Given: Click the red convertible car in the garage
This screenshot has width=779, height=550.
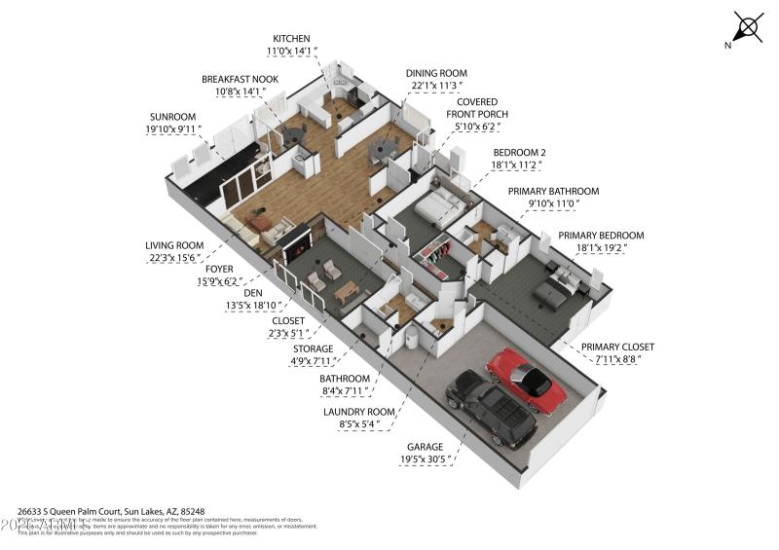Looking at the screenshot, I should click(527, 381).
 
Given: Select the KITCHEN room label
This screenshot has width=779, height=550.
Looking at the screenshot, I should click(291, 39).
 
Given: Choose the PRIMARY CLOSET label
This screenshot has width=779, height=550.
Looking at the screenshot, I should click(617, 347).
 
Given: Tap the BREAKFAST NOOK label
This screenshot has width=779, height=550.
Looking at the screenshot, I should click(240, 80).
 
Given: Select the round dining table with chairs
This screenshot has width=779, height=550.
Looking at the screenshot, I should click(382, 149).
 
